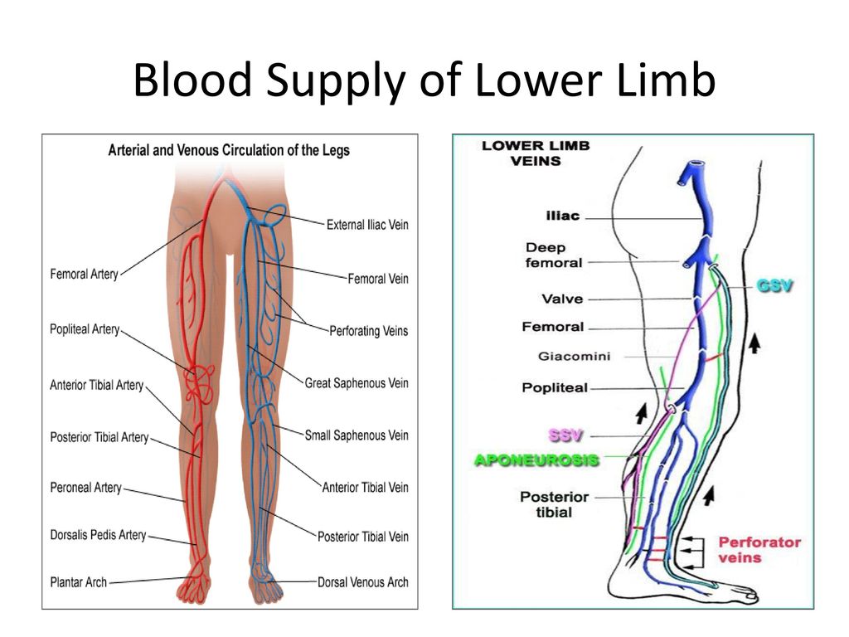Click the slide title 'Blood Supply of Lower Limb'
point(424,83)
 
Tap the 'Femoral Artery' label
point(84,274)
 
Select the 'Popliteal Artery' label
point(85,330)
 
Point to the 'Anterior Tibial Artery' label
point(96,386)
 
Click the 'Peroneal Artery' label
point(85,489)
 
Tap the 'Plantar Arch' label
point(79,582)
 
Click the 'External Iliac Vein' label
point(367,225)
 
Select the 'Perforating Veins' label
point(368,331)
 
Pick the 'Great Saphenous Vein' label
point(357,383)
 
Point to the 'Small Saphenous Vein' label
point(357,435)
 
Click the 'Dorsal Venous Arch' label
point(362,582)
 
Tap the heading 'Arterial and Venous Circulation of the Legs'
point(229,151)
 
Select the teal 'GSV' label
point(774,285)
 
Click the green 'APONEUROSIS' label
point(536,460)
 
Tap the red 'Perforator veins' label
point(759,549)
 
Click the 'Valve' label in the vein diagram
point(563,299)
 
